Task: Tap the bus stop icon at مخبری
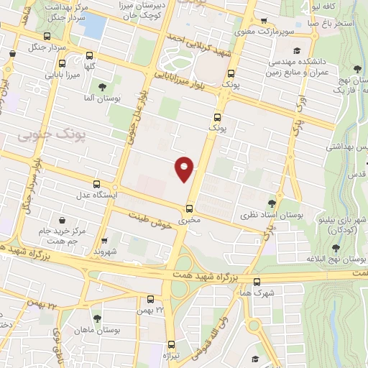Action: [x=190, y=208]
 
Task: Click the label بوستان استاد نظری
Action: [x=272, y=215]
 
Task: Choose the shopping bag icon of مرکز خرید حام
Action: [x=63, y=220]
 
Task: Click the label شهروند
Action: [x=104, y=252]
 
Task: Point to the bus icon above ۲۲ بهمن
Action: [x=151, y=299]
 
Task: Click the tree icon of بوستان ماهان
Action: [x=97, y=318]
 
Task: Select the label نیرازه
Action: [x=170, y=355]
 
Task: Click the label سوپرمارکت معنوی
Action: [x=267, y=32]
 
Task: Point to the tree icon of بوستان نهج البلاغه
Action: [x=334, y=247]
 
